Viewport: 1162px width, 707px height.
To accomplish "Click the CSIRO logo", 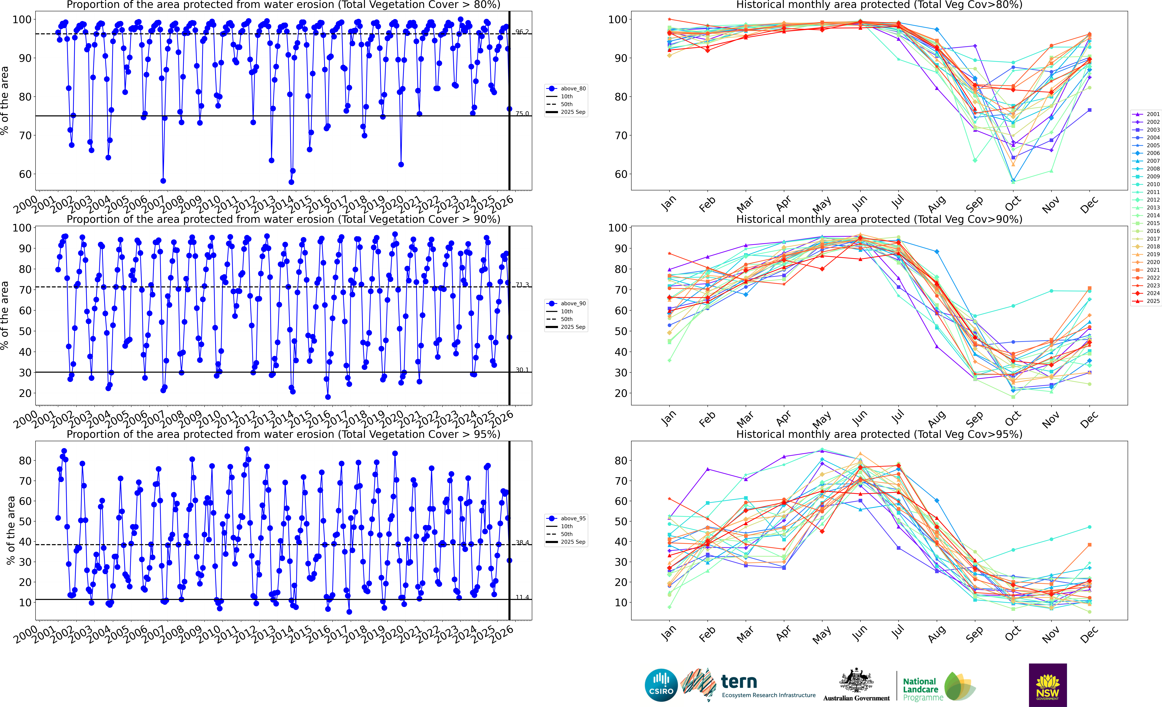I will tap(661, 685).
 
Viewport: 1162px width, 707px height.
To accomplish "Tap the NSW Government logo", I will tap(1047, 685).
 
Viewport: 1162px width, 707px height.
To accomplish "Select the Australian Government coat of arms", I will tap(856, 680).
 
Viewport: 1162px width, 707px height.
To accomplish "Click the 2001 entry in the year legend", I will tap(1153, 114).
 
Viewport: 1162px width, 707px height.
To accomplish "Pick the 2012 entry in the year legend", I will tap(1153, 200).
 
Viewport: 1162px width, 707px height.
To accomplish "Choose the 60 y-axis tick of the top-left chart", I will tap(25, 174).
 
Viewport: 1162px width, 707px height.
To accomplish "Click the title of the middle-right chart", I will tap(879, 219).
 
